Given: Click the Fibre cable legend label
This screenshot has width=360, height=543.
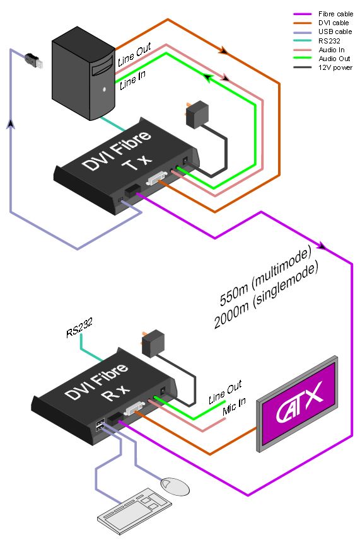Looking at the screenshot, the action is click(335, 14).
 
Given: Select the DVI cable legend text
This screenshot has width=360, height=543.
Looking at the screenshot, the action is click(334, 23).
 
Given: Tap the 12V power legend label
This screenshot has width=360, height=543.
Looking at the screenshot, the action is click(335, 67).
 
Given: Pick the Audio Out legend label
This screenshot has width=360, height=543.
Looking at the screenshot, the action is click(334, 59).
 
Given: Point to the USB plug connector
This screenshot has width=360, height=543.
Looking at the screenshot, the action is click(34, 61).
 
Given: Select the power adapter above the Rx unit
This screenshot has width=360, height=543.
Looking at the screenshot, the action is click(153, 343).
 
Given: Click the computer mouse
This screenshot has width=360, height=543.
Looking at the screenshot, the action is click(176, 486).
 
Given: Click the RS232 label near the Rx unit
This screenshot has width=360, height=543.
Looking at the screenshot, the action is click(79, 328).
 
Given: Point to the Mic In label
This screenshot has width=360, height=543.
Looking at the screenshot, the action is click(234, 406).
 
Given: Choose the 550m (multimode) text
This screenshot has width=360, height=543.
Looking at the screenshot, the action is click(265, 277).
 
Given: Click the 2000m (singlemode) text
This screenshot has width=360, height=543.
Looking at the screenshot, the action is click(266, 297).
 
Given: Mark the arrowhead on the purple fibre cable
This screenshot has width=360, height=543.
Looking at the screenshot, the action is click(322, 246).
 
